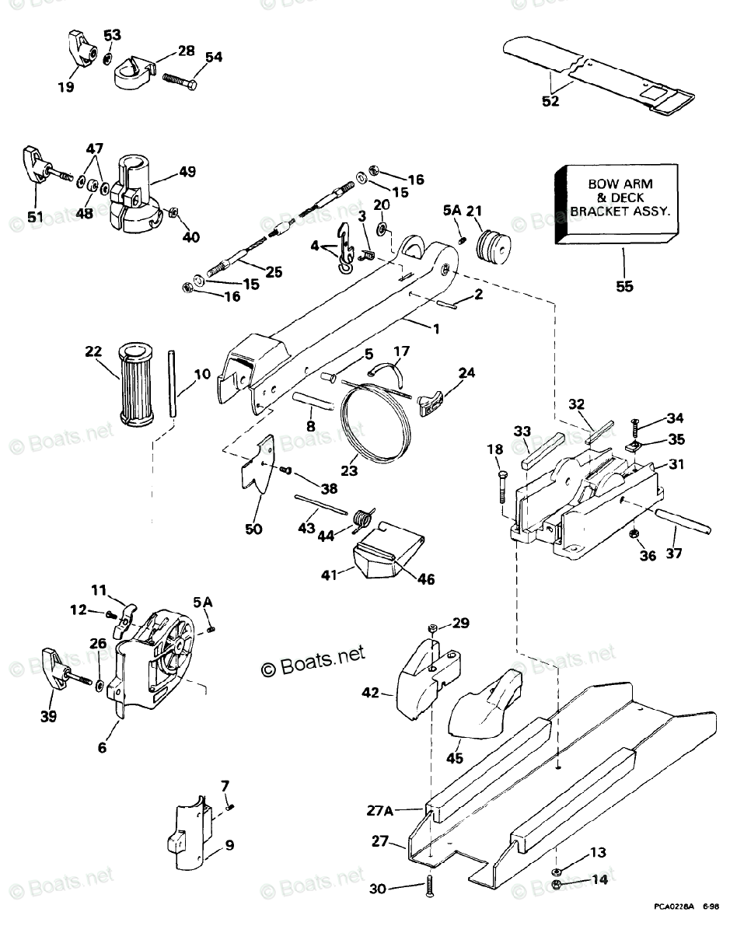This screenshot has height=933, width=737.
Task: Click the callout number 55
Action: (624, 286)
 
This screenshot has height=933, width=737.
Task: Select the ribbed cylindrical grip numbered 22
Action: (136, 383)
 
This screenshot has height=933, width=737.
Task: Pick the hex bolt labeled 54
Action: (180, 81)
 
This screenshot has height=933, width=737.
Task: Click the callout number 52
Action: (550, 101)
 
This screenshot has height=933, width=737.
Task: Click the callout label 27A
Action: (379, 810)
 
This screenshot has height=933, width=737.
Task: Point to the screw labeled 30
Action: (429, 886)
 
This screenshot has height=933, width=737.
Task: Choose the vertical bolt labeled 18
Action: (502, 486)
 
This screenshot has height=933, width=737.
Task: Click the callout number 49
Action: (187, 172)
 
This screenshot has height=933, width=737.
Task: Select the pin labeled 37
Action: (683, 522)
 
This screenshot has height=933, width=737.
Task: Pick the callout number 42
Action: (370, 693)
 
